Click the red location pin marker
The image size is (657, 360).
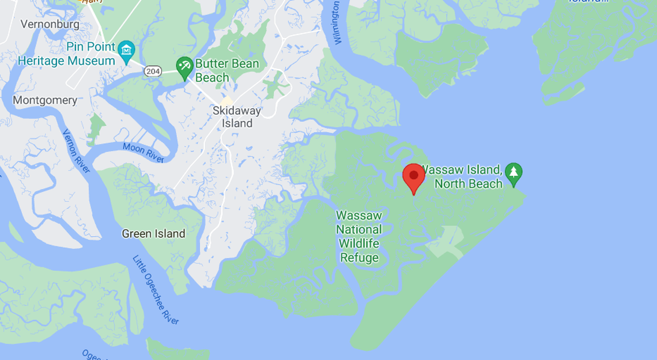[413, 176]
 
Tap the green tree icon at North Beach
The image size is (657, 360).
[513, 172]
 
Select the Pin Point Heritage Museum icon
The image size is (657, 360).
[126, 52]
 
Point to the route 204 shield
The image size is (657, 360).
[152, 70]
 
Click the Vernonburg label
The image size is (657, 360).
[49, 24]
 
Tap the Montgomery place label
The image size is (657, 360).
[45, 100]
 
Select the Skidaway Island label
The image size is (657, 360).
[237, 117]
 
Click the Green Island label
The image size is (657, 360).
[153, 234]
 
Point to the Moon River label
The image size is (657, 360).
[144, 153]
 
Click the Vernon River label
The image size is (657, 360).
[76, 150]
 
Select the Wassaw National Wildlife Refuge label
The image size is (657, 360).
[359, 236]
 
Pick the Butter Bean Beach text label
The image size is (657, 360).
[227, 71]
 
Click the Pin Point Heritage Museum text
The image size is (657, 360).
[67, 54]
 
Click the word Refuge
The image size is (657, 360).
[359, 257]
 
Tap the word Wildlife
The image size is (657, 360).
[359, 243]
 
